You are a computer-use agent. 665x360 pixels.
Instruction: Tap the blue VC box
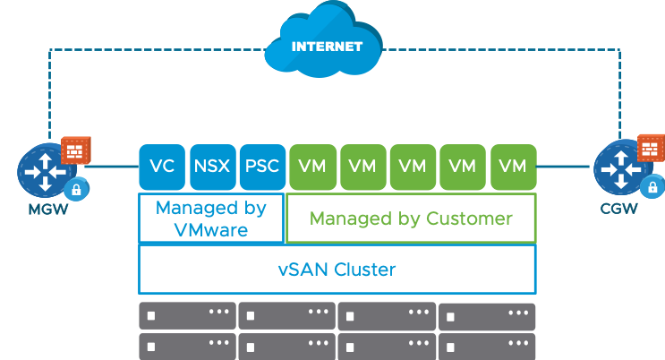pos(162,167)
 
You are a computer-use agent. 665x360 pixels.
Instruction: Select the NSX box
pos(211,167)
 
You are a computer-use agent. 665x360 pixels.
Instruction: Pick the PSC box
pos(261,167)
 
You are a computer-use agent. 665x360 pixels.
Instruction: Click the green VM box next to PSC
pos(311,167)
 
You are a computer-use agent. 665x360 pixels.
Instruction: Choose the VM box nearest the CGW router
pos(512,167)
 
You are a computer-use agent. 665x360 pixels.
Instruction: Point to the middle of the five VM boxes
pos(412,167)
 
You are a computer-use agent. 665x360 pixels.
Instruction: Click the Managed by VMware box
pos(211,219)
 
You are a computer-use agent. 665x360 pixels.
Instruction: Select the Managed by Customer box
pos(410,219)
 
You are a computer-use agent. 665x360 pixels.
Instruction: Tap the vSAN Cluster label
pos(337,269)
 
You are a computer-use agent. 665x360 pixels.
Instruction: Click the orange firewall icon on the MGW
pos(74,150)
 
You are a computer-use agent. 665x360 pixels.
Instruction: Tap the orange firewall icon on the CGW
pos(651,149)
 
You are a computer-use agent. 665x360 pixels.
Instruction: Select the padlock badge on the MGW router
pos(77,189)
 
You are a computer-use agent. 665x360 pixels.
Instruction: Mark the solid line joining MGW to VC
pos(115,167)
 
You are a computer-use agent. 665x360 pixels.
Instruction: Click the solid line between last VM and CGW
pos(564,167)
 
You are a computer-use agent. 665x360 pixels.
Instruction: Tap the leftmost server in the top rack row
pos(187,316)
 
